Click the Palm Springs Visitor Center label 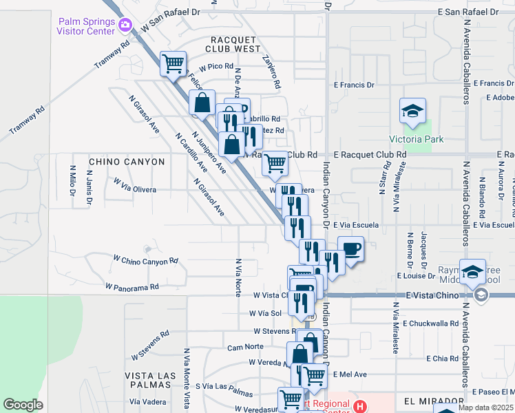[x=87, y=25]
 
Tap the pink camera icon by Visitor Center [x=125, y=25]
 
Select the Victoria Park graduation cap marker [x=412, y=111]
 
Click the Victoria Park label [x=416, y=140]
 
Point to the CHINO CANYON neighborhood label [x=127, y=162]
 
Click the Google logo [x=23, y=405]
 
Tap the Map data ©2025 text [x=486, y=407]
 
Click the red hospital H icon [x=358, y=407]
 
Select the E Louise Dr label [x=417, y=275]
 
